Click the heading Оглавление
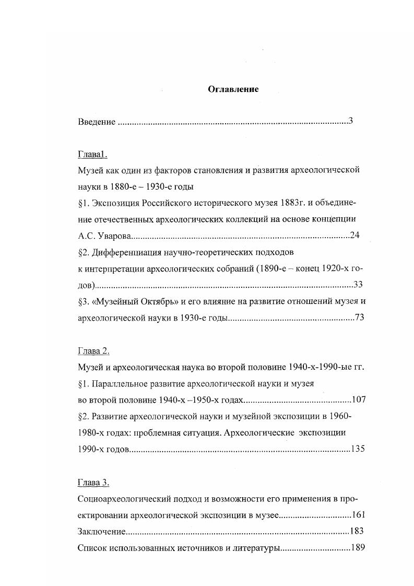233,89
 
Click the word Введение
97,122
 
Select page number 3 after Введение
351,121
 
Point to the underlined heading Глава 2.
93,350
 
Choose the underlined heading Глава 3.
93,482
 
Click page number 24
354,236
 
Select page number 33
358,285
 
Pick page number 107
359,400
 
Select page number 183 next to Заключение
357,531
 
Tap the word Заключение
102,532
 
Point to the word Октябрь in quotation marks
159,301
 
